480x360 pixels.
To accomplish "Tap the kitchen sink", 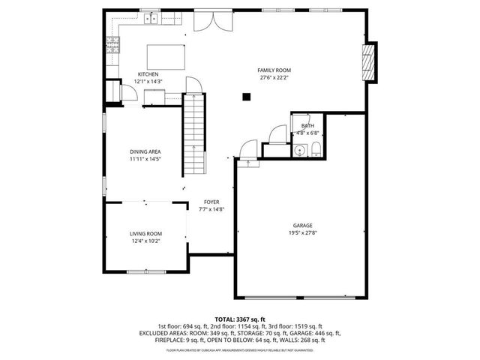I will click(151, 19).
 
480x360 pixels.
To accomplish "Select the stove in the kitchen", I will click(114, 45).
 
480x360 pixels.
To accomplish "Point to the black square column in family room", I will click(245, 95).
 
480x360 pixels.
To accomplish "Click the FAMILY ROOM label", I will click(274, 70).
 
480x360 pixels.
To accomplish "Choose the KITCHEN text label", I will click(148, 74).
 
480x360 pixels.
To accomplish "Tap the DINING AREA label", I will click(145, 152).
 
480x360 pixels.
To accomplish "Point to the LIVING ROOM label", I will click(145, 234).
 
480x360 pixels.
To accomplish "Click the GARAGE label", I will click(303, 225).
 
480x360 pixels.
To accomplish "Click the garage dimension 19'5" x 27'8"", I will click(303, 232).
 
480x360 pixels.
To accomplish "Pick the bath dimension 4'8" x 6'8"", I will click(307, 133).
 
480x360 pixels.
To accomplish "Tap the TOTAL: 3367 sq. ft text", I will click(239, 319).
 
